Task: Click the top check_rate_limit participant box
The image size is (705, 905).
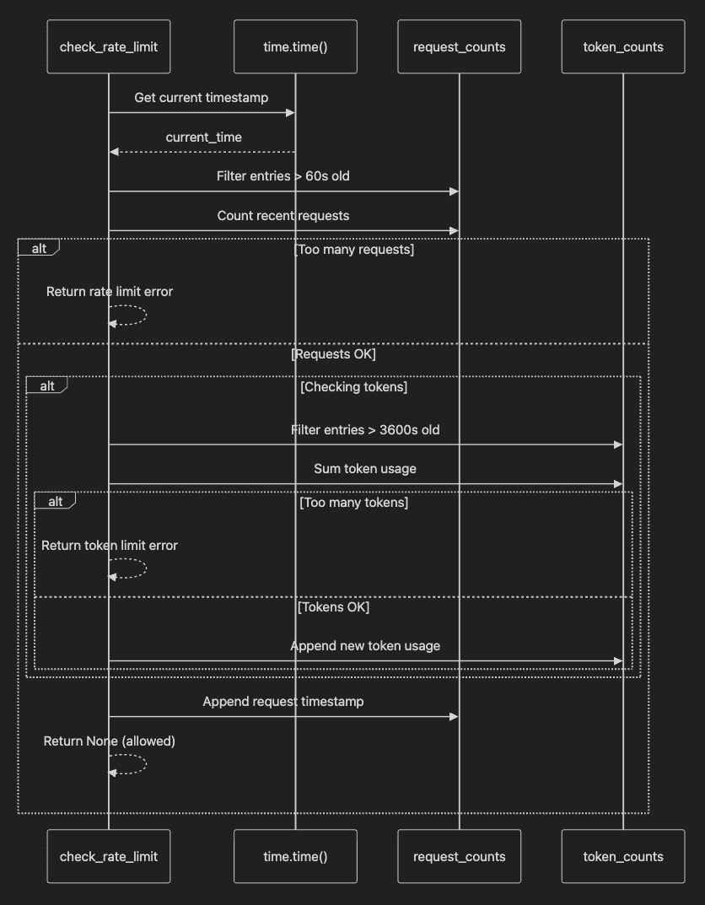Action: [x=109, y=46]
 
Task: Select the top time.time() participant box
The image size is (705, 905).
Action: [x=295, y=46]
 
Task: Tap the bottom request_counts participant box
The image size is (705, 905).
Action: [x=460, y=857]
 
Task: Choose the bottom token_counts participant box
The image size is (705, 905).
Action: [x=623, y=857]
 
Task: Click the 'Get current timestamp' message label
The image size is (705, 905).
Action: [x=202, y=98]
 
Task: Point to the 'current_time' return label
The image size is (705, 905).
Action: [x=203, y=137]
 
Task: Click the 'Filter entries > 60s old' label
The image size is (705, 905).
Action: [x=283, y=176]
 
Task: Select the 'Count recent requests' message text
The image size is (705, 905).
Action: [x=283, y=216]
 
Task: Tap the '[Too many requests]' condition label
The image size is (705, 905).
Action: [x=354, y=250]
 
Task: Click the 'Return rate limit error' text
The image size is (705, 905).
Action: [x=110, y=292]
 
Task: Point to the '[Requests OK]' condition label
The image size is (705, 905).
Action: [x=333, y=353]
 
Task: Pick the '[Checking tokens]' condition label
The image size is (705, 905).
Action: [x=353, y=386]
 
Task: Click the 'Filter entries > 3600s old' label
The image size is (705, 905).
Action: [x=365, y=430]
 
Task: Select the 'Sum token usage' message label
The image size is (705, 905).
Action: [x=365, y=469]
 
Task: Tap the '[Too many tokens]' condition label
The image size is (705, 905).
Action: [x=353, y=502]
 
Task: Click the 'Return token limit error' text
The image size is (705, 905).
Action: [x=110, y=546]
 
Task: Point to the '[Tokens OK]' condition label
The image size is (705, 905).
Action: [x=333, y=606]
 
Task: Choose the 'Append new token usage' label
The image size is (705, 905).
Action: [x=365, y=646]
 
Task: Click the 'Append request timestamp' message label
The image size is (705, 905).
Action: [x=283, y=701]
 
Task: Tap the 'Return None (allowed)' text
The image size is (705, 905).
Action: [x=110, y=741]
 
